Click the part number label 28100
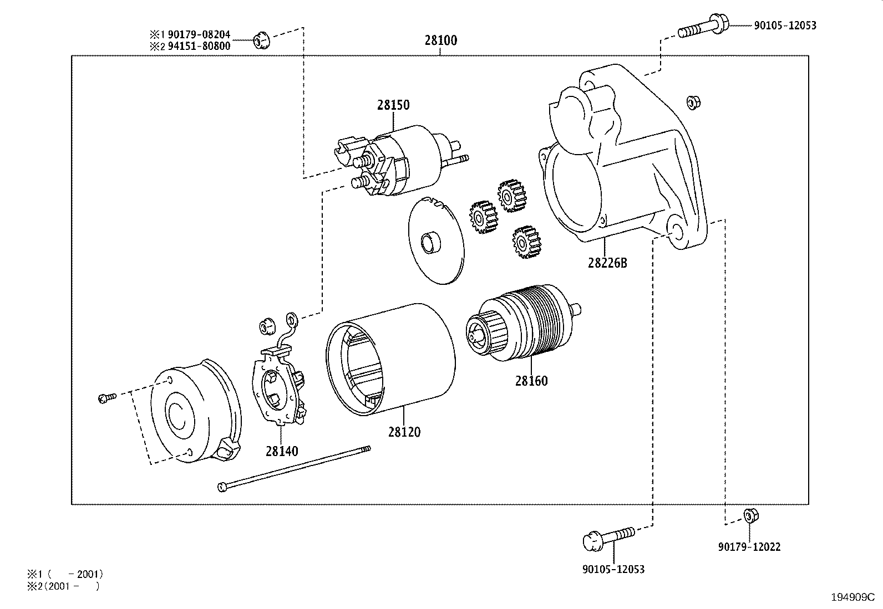(441, 40)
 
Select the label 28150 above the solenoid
(393, 105)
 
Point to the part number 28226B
(607, 263)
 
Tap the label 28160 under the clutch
(531, 381)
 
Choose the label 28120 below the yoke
(404, 432)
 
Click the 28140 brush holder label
(281, 451)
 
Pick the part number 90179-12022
(749, 547)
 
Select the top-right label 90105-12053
(785, 25)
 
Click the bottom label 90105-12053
(613, 569)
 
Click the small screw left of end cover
(106, 397)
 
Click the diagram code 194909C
(852, 597)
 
